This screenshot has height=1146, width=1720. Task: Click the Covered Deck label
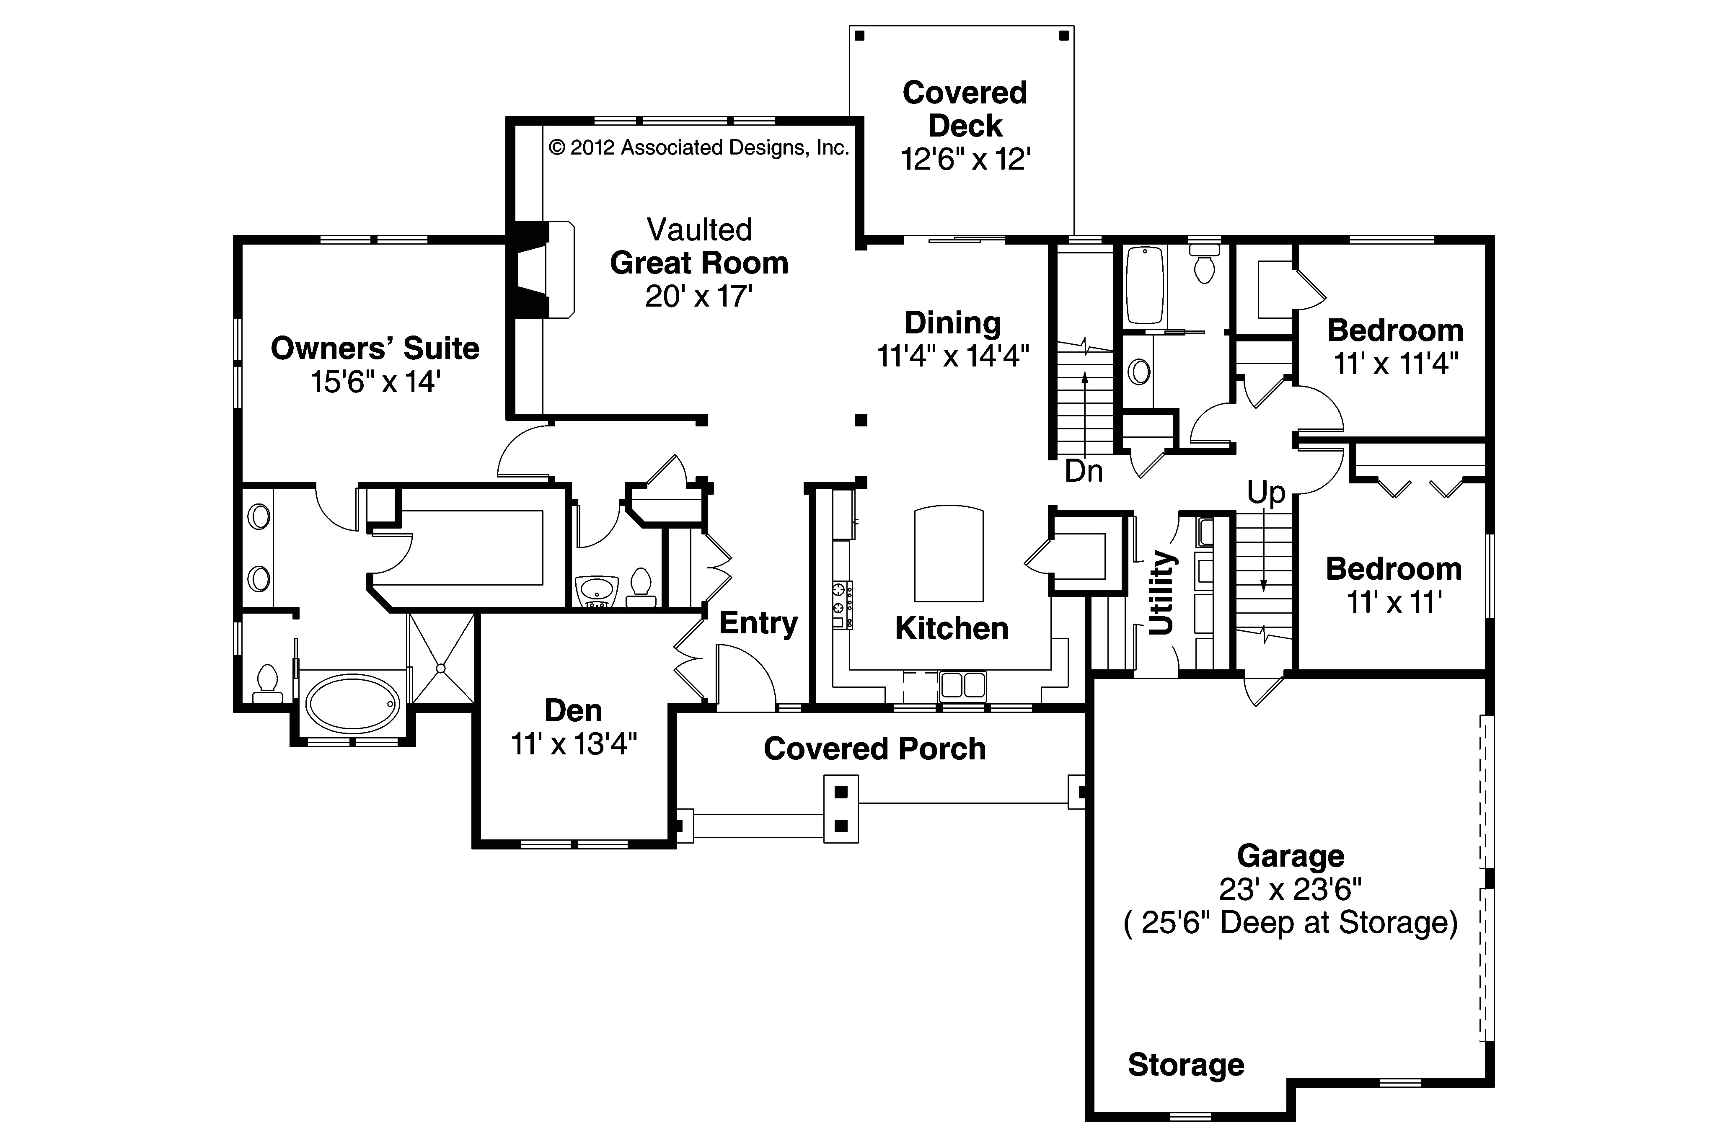(964, 109)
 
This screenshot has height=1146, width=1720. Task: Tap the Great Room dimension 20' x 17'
(699, 297)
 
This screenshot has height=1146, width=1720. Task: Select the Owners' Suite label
(375, 348)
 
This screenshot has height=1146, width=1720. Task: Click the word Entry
(758, 623)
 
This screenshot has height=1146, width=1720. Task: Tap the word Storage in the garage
(1186, 1065)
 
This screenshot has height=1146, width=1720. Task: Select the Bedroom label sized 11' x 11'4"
(1395, 331)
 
